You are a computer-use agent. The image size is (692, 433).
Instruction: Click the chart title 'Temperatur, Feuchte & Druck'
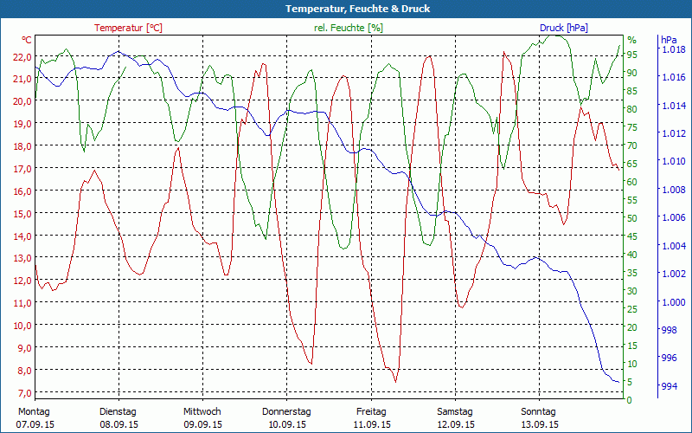(345, 9)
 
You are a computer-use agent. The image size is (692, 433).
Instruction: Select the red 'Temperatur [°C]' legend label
(128, 28)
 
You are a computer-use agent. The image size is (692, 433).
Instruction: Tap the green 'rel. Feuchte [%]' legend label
(349, 28)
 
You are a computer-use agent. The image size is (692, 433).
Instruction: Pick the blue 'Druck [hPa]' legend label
(564, 28)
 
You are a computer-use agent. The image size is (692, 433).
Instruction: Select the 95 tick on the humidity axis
(631, 55)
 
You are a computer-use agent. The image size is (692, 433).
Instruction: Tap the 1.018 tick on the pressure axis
(672, 50)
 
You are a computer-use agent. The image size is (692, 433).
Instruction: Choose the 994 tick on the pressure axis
(669, 386)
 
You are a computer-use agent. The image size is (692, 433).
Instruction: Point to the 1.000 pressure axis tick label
(672, 302)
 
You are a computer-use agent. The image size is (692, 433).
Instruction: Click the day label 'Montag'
(34, 411)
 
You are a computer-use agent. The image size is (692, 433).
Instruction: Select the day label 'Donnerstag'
(286, 411)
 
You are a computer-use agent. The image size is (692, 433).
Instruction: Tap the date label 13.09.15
(541, 424)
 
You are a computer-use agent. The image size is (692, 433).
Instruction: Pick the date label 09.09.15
(202, 424)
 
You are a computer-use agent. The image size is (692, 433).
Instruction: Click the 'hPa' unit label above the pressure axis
(668, 40)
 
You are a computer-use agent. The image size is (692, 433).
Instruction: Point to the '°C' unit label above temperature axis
(27, 40)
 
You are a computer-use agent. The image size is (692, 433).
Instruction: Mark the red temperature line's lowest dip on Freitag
(395, 380)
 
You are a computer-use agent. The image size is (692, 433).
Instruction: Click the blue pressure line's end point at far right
(618, 381)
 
